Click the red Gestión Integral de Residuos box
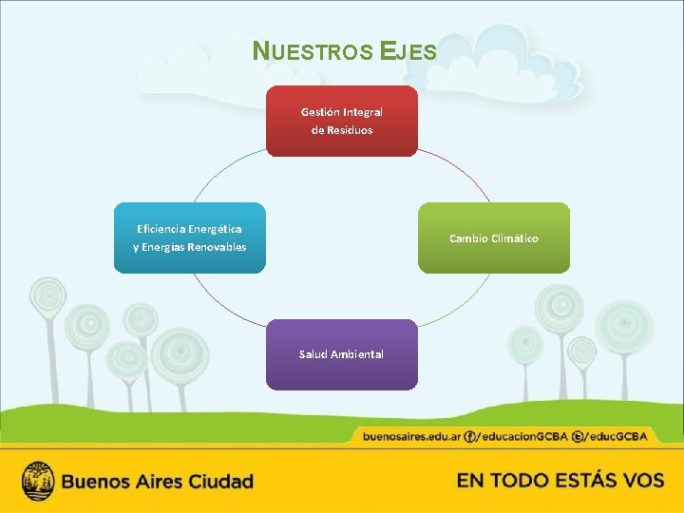[341, 121]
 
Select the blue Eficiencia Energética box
[189, 237]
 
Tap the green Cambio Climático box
[493, 237]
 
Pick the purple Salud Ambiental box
[341, 354]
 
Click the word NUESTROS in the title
[313, 51]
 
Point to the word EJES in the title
[408, 51]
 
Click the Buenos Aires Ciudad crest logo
[38, 481]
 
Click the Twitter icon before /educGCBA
[578, 436]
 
